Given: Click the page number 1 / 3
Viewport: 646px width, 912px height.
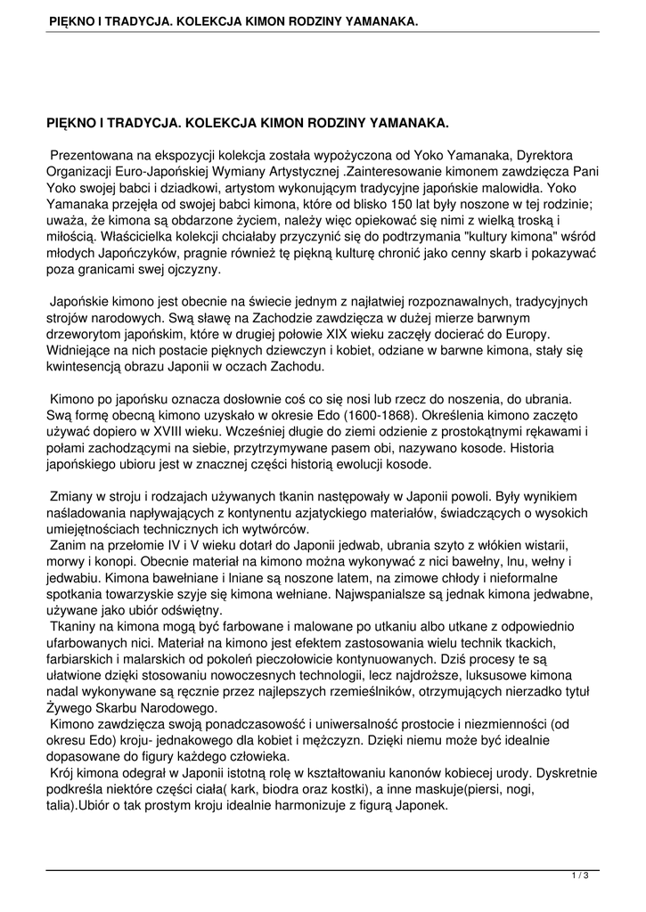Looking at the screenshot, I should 580,877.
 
